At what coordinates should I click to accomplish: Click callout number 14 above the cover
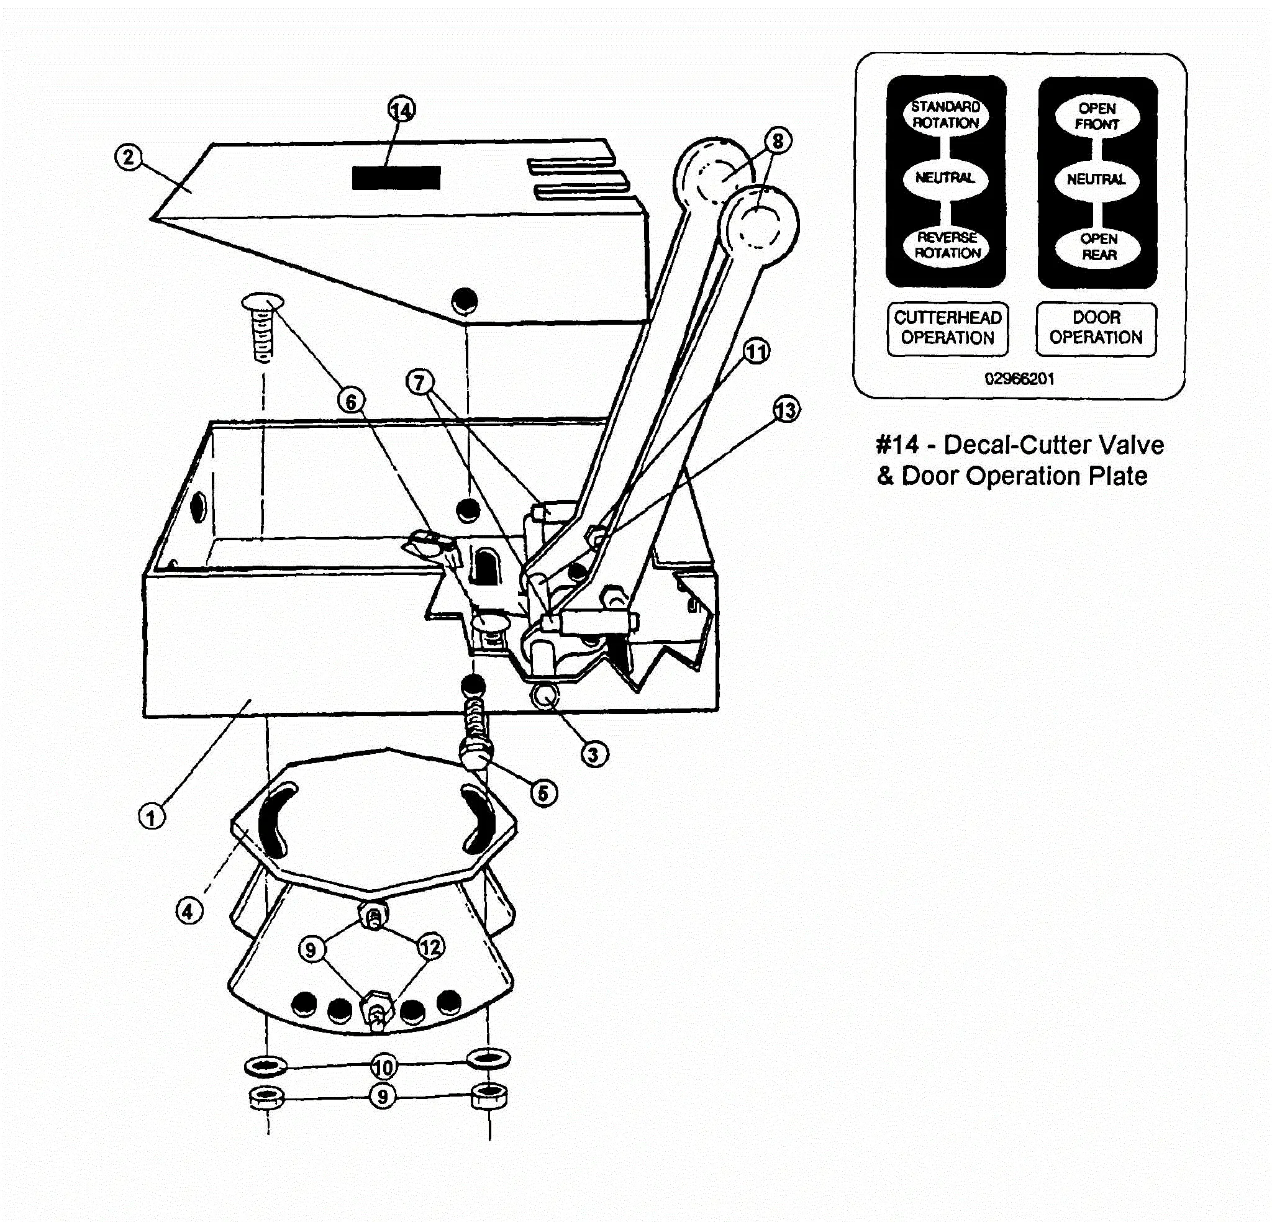(x=402, y=110)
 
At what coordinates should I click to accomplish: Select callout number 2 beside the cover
(x=129, y=157)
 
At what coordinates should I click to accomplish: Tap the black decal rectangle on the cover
(x=396, y=178)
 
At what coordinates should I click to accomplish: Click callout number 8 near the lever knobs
(x=778, y=141)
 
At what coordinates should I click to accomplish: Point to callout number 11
(x=756, y=351)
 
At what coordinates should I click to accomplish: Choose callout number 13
(x=786, y=410)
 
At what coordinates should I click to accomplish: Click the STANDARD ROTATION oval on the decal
(x=945, y=115)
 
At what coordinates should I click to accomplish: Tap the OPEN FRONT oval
(x=1097, y=116)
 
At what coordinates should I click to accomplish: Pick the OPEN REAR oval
(x=1098, y=247)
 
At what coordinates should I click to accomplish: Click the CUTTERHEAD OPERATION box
(x=948, y=328)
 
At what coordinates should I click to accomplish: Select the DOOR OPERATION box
(x=1096, y=328)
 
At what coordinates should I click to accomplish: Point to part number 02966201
(x=1020, y=379)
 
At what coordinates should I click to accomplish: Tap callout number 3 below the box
(x=593, y=754)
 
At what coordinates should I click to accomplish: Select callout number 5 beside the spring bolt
(x=543, y=793)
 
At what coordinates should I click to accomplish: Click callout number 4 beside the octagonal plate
(x=189, y=912)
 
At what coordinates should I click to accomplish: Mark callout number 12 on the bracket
(x=431, y=947)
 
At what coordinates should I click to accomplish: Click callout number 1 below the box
(x=152, y=817)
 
